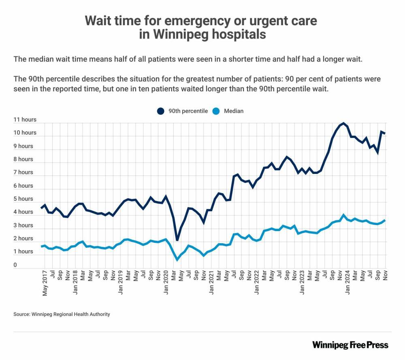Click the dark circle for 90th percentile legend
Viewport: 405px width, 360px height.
tap(160, 111)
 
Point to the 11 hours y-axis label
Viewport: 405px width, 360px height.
tap(25, 120)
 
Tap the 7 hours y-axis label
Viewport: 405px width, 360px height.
tap(23, 172)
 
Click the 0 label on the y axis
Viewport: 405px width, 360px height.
tap(15, 265)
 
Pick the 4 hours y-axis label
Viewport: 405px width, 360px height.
tap(23, 212)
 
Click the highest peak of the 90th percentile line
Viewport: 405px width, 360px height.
tap(343, 123)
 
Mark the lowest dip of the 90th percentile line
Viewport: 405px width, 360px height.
tap(177, 240)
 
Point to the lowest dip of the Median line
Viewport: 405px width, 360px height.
tap(177, 259)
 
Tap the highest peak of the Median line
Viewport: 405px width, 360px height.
tap(343, 215)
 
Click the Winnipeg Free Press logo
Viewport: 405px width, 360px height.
tap(350, 345)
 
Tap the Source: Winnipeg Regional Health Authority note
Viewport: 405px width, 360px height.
tap(62, 314)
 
